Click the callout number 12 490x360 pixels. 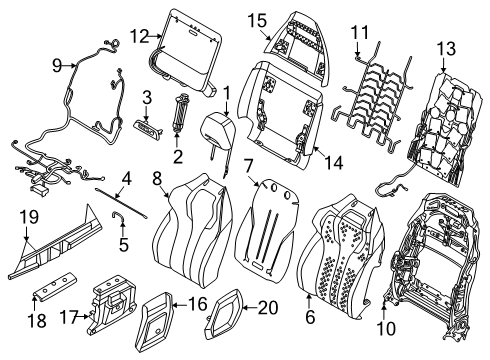(139, 36)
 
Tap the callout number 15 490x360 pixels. (257, 21)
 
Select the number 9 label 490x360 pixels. (57, 65)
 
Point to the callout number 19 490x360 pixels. (29, 217)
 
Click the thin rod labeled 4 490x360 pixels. (122, 203)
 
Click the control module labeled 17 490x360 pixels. (111, 304)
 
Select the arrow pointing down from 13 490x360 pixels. (443, 65)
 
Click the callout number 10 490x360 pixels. (386, 328)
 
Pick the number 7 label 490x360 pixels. (248, 166)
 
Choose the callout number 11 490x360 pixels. (360, 33)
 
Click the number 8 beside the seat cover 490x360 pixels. (157, 179)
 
